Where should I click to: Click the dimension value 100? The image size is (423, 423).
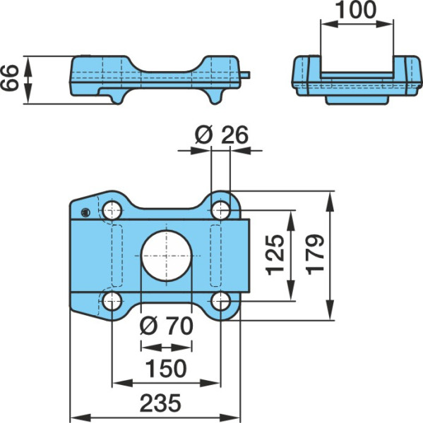pyautogui.click(x=356, y=10)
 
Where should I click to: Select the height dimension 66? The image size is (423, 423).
pyautogui.click(x=9, y=78)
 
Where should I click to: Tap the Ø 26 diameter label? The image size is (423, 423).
pyautogui.click(x=221, y=135)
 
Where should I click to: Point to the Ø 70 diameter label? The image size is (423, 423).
pyautogui.click(x=166, y=326)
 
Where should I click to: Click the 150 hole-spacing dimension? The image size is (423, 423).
pyautogui.click(x=166, y=368)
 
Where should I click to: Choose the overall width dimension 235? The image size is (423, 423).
pyautogui.click(x=160, y=403)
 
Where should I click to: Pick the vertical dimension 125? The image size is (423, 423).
pyautogui.click(x=275, y=255)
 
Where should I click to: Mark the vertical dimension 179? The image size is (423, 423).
pyautogui.click(x=316, y=255)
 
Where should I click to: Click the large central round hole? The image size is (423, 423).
pyautogui.click(x=166, y=256)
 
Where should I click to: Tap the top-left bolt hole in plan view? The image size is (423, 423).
pyautogui.click(x=112, y=210)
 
